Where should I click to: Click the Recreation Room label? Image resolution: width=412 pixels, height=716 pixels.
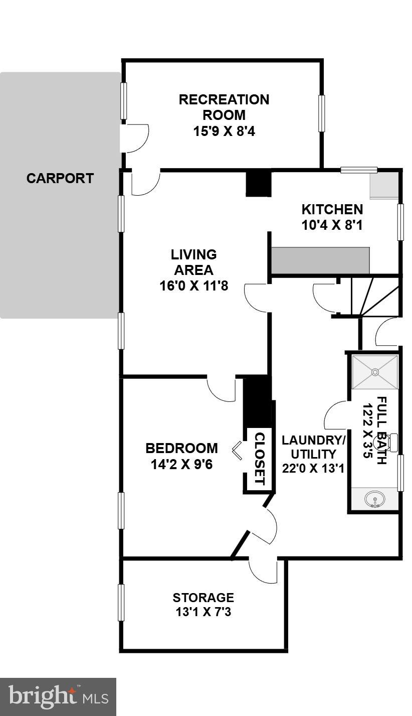tap(224, 107)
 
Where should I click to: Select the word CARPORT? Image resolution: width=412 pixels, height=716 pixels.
tap(60, 178)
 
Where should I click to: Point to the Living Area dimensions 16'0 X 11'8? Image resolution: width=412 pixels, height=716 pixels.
tap(193, 285)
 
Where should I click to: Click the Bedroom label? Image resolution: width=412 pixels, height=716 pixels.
tap(181, 448)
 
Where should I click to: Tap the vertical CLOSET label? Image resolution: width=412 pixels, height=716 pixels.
tap(259, 458)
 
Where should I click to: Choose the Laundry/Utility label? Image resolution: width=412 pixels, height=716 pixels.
tap(313, 447)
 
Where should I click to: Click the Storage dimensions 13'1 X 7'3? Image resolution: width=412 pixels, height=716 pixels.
tap(203, 612)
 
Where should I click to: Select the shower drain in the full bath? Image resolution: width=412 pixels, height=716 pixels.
tap(374, 372)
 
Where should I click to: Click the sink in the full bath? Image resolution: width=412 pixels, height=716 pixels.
tap(374, 500)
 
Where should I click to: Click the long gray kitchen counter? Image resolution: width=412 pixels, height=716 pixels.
tap(320, 260)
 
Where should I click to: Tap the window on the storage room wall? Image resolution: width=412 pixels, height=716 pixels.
tap(121, 602)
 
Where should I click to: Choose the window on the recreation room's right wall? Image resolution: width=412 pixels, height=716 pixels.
tap(321, 113)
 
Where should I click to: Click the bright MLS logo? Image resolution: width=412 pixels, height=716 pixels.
tap(58, 696)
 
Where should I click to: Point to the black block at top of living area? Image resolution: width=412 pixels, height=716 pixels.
tap(258, 184)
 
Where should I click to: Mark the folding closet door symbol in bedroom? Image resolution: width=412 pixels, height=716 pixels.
tap(237, 450)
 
